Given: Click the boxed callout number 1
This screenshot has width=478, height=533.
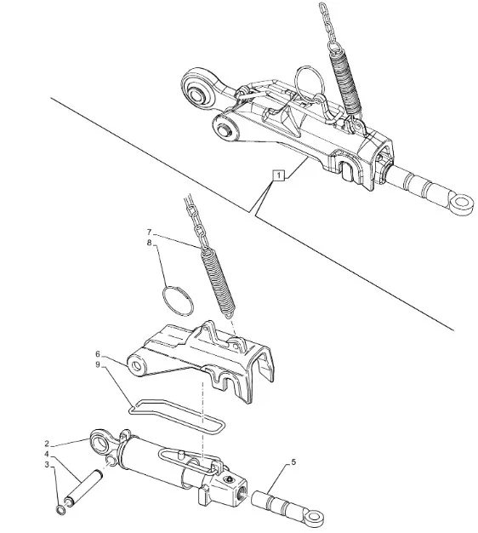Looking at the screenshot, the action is tap(279, 175).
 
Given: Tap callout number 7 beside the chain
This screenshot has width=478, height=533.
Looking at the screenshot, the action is tap(149, 232).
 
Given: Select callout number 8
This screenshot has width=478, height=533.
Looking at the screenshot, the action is tap(149, 243).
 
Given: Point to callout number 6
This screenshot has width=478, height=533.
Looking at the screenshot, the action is tap(98, 354).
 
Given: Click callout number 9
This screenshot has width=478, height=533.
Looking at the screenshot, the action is tap(98, 364).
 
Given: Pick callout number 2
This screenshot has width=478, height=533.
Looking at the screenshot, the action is tap(47, 444).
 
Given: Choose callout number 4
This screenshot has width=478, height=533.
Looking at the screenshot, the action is tap(47, 454).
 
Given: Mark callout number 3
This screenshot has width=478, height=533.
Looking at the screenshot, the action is tap(47, 464).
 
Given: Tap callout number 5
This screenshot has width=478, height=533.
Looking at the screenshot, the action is tap(293, 462).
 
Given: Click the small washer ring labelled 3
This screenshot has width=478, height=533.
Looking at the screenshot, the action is tap(60, 510).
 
